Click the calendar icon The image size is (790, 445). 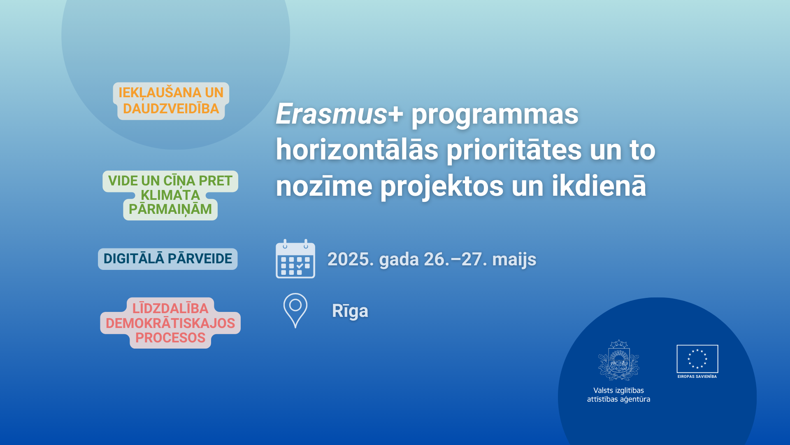tap(295, 259)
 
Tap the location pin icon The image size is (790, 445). tap(295, 310)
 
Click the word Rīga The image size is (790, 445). tap(350, 311)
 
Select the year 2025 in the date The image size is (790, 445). tap(351, 259)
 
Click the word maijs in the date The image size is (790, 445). tap(514, 259)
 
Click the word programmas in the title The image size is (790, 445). tap(495, 115)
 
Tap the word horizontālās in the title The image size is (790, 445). tap(357, 150)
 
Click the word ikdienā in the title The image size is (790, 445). tap(599, 185)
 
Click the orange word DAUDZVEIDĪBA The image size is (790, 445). tap(171, 109)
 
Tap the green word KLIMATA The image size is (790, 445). tap(170, 195)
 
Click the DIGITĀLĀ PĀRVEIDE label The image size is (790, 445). tap(168, 259)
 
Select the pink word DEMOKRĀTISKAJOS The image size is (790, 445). tap(170, 323)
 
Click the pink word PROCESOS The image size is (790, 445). tap(170, 338)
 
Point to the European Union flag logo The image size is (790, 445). tap(697, 359)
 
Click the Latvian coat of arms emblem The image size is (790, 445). tap(618, 360)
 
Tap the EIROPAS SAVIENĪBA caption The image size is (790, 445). tap(697, 377)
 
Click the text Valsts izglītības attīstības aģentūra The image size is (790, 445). tap(618, 395)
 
